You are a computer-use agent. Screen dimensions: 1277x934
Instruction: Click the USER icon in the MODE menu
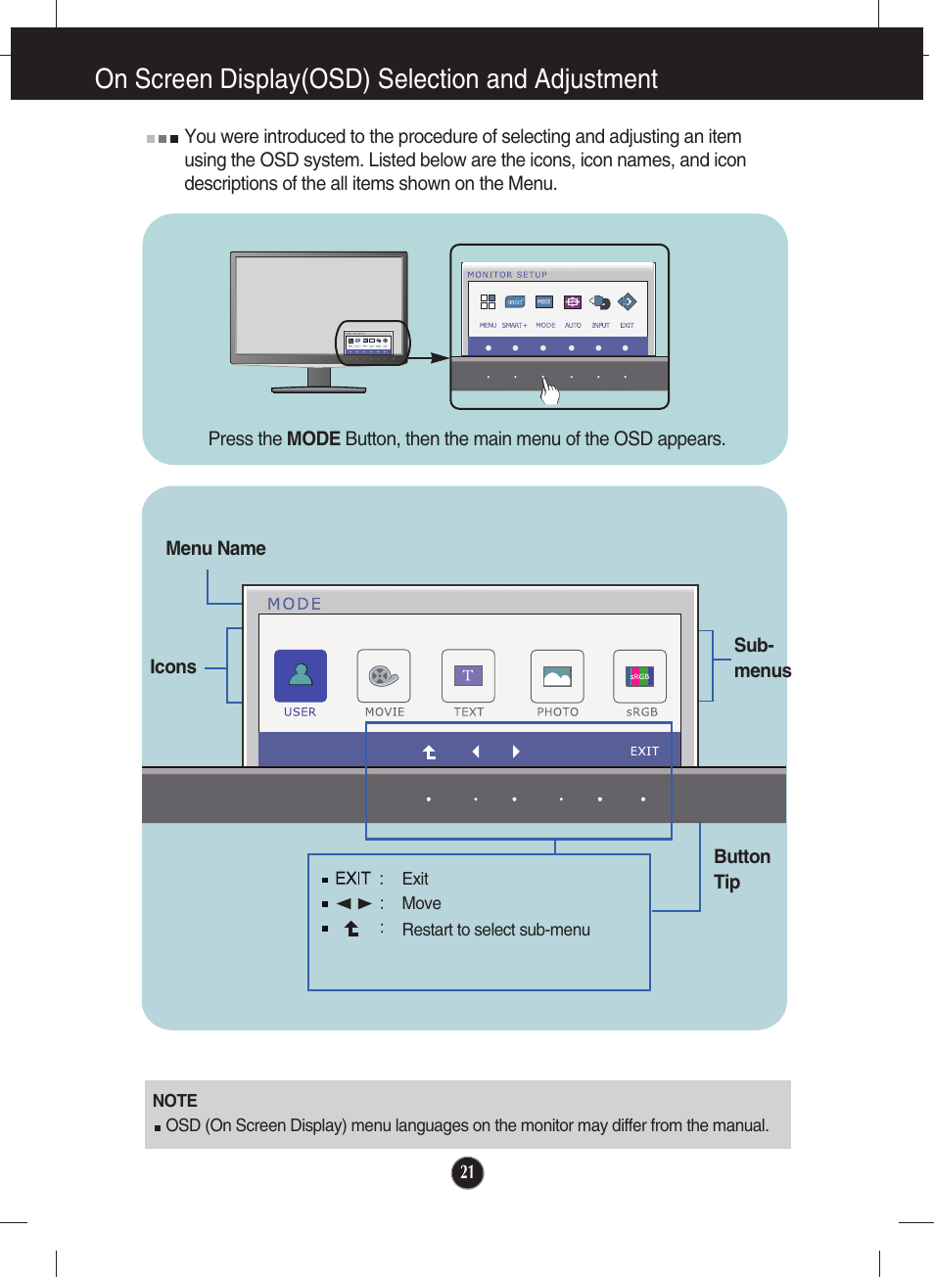pos(301,676)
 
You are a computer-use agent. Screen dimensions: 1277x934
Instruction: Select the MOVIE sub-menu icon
pos(384,676)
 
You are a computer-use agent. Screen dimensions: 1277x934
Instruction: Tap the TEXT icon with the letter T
pos(468,676)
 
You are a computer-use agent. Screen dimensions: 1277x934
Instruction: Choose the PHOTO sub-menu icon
pos(557,676)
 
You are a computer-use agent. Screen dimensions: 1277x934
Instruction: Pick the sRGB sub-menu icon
pos(639,676)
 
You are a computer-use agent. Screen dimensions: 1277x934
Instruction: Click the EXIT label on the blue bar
pos(644,752)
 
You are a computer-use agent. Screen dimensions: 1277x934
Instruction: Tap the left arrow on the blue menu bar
pos(476,752)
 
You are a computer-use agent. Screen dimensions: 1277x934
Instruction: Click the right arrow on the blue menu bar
pos(516,752)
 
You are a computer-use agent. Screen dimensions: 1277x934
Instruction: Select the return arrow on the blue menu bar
pos(429,752)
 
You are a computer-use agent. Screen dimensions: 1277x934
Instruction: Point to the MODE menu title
pos(295,604)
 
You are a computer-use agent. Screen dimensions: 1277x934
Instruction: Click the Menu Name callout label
pos(215,549)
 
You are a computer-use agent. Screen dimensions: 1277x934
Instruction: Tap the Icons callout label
pos(173,667)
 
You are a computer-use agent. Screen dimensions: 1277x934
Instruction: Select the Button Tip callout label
pos(741,869)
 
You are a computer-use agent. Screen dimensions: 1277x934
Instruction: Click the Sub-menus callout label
pos(761,658)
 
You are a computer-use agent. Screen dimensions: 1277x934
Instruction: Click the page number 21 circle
pos(468,1172)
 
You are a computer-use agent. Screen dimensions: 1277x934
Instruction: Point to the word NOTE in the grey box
pos(175,1101)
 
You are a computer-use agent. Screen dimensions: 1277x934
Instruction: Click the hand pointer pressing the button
pos(550,391)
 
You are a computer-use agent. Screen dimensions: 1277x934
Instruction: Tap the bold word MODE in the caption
pos(313,439)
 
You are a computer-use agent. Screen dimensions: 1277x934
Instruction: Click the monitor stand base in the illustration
pos(318,389)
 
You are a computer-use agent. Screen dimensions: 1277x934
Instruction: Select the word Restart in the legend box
pos(427,930)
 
